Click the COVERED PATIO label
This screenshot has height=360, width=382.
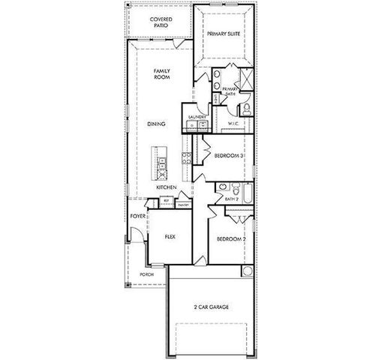[x=159, y=22]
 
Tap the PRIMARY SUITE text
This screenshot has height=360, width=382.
[x=224, y=34]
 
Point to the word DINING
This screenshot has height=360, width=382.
[x=156, y=124]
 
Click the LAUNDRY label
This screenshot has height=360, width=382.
[x=197, y=117]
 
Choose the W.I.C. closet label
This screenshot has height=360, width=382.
[x=233, y=124]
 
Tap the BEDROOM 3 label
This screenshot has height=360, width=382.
[x=228, y=156]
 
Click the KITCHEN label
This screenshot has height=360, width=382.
[x=166, y=187]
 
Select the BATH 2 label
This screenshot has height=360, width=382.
[x=232, y=199]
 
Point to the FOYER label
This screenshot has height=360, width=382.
[x=137, y=216]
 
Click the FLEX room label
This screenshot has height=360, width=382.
[x=170, y=236]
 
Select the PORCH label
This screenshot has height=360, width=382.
[x=147, y=274]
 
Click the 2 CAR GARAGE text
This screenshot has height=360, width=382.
[x=211, y=307]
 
